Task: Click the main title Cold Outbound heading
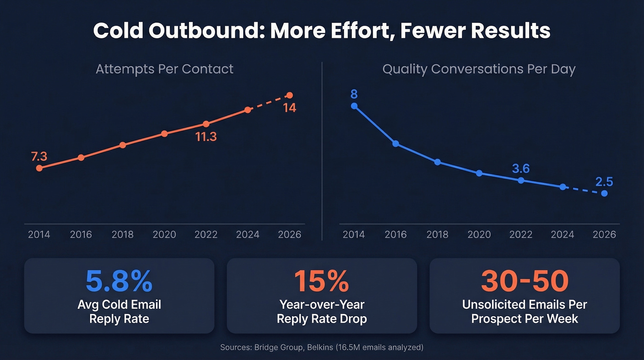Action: click(x=322, y=31)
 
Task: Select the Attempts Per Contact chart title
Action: click(x=164, y=69)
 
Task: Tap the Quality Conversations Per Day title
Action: click(x=478, y=69)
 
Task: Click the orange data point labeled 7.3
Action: click(x=39, y=168)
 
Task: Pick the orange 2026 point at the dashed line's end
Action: click(x=289, y=95)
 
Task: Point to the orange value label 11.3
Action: click(x=206, y=137)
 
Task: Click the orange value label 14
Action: click(x=289, y=108)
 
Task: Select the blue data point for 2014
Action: click(x=354, y=106)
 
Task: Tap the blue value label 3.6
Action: click(x=521, y=169)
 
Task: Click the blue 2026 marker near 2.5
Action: click(x=604, y=194)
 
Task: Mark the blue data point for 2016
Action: click(x=396, y=144)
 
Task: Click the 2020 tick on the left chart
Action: click(x=164, y=234)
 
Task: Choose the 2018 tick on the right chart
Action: click(x=437, y=234)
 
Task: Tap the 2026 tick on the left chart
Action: click(x=289, y=234)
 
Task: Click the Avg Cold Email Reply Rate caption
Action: click(x=119, y=312)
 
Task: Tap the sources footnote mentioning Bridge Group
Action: click(x=322, y=347)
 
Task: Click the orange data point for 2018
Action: click(x=122, y=145)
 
